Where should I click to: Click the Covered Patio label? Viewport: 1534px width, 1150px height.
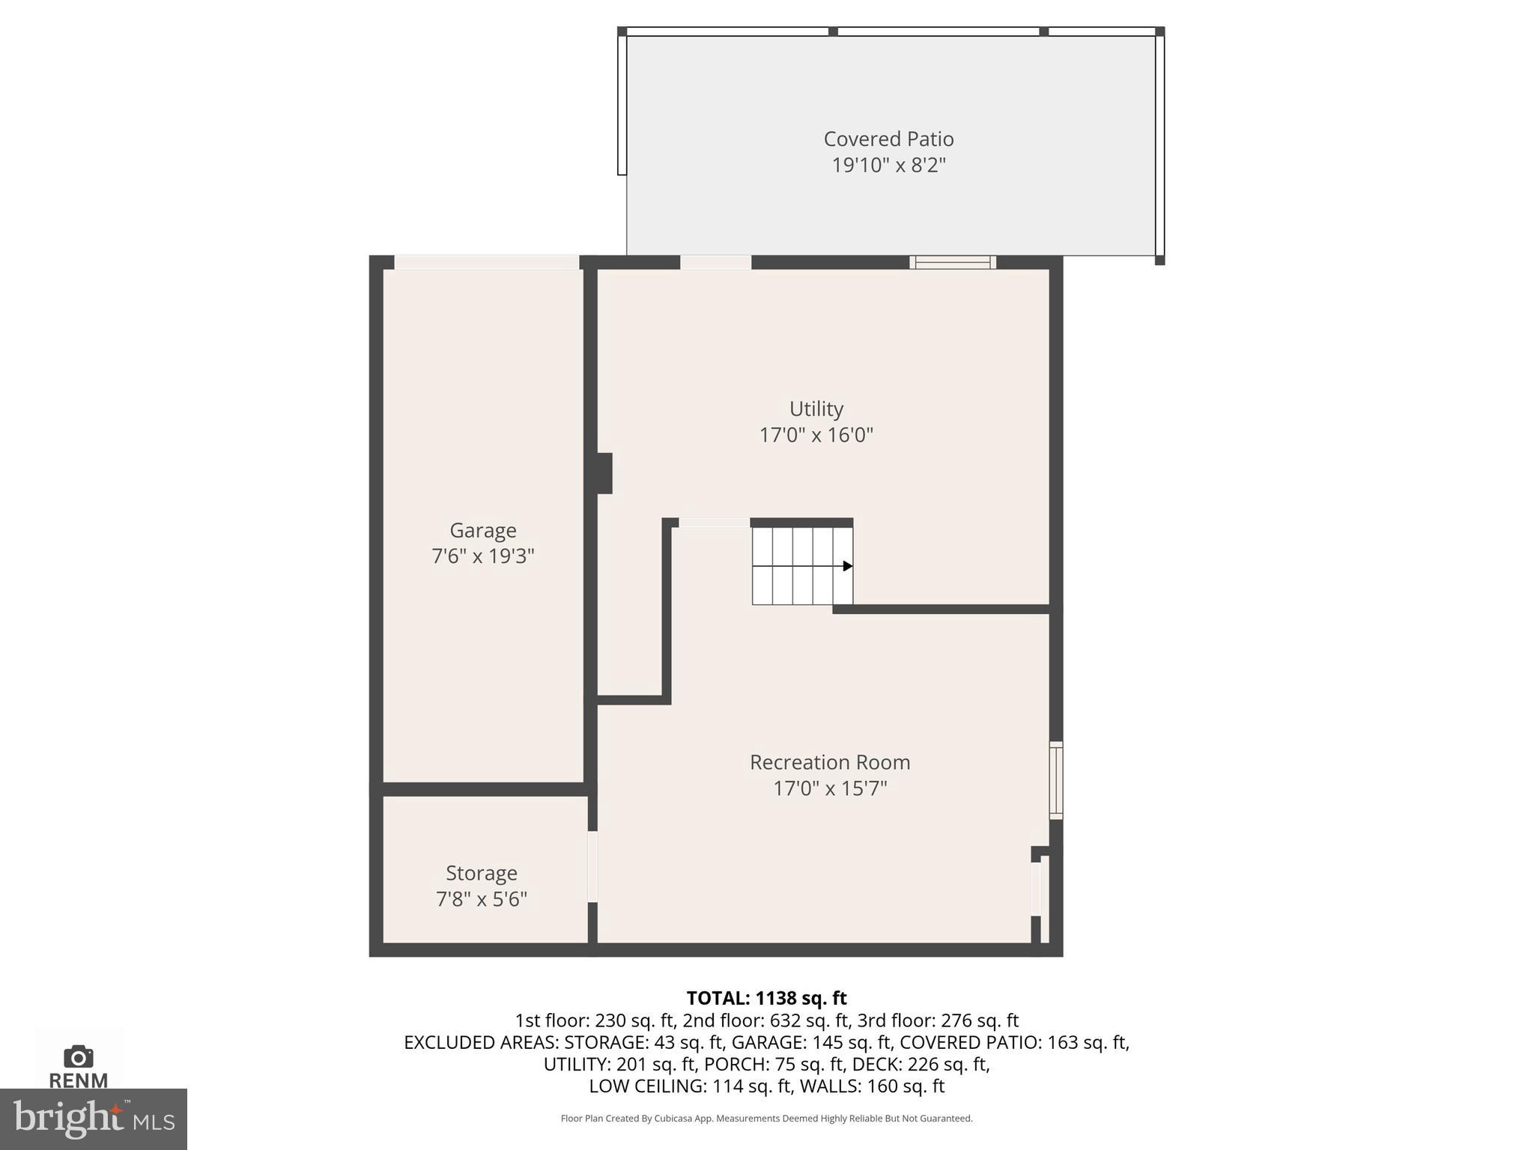888,139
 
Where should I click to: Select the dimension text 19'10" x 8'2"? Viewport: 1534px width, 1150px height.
888,165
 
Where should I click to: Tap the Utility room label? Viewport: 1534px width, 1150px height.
816,409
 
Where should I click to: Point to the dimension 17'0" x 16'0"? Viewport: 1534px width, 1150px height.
816,435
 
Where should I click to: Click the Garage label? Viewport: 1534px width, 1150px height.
482,530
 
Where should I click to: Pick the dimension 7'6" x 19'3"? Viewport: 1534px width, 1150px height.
482,556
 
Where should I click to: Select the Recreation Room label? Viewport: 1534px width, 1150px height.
830,762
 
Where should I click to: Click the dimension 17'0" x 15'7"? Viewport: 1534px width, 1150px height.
830,788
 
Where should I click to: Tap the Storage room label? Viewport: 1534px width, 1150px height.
481,873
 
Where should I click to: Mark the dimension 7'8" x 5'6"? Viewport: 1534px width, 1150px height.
481,899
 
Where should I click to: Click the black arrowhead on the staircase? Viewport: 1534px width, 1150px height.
847,566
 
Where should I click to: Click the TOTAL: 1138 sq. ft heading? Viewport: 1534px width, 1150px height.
766,998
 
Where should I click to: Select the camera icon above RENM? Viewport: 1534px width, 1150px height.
79,1056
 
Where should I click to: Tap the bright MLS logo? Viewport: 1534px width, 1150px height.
93,1119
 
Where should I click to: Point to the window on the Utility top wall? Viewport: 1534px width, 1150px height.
952,262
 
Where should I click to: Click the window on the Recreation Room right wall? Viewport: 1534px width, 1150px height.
1055,779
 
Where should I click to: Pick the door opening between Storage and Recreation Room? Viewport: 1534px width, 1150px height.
592,866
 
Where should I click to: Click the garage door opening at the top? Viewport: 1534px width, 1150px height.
486,262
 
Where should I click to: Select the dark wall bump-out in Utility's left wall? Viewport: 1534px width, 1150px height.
604,473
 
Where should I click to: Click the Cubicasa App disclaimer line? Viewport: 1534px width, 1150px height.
766,1119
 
